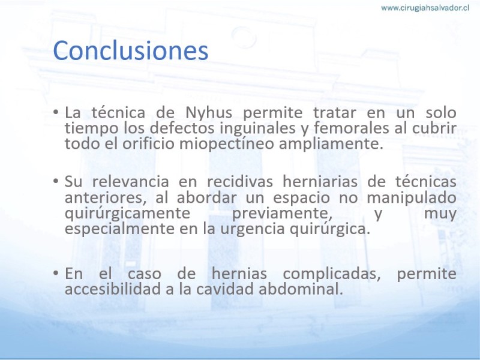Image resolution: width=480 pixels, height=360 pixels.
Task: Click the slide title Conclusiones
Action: (131, 50)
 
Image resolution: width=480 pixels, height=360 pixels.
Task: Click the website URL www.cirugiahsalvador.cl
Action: (425, 8)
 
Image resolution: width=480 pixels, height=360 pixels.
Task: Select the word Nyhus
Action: (209, 113)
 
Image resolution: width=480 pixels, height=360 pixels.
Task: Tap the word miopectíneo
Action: (227, 144)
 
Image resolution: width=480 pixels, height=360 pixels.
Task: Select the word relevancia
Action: (131, 182)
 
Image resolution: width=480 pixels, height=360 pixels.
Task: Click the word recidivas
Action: (240, 182)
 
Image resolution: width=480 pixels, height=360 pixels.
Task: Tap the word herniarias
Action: (320, 182)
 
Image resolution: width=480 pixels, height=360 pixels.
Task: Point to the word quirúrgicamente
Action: (127, 214)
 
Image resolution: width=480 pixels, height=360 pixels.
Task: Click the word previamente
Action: (282, 214)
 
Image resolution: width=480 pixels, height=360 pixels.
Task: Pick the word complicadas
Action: (332, 274)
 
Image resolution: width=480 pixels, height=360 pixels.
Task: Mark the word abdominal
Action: (301, 289)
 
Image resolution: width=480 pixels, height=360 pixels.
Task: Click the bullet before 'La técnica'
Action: (56, 112)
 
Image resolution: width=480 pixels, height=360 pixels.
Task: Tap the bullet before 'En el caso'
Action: (56, 272)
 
